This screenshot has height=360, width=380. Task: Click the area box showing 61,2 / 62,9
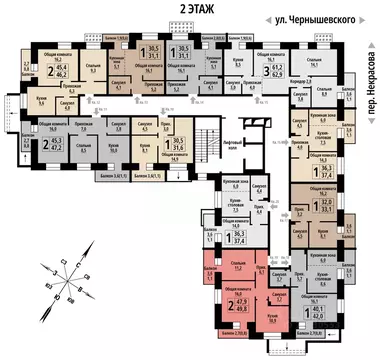coord(271,73)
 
